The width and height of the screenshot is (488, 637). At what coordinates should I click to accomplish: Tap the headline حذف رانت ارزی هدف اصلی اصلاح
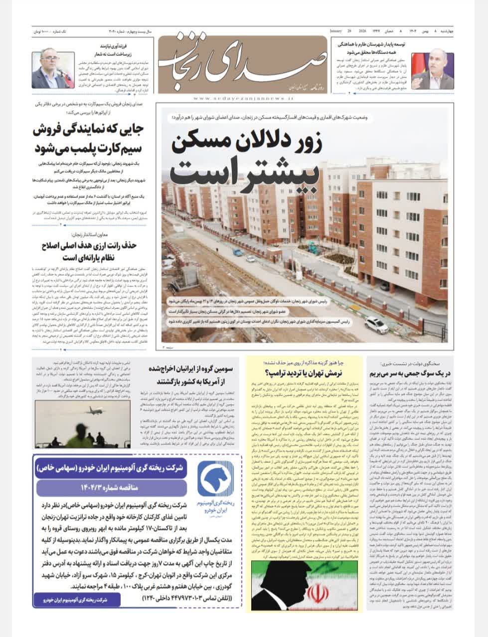pos(89,251)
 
